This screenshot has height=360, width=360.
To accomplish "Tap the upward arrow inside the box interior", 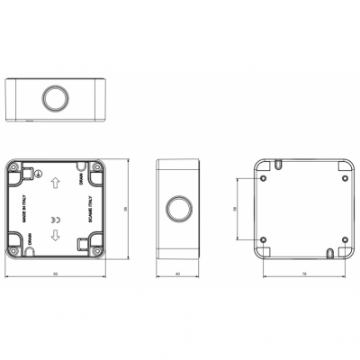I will [x=54, y=183].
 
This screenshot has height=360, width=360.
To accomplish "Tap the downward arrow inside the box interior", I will [x=54, y=236].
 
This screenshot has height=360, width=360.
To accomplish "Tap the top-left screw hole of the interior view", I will [x=16, y=167].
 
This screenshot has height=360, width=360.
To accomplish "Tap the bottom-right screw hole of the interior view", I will [x=95, y=249].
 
